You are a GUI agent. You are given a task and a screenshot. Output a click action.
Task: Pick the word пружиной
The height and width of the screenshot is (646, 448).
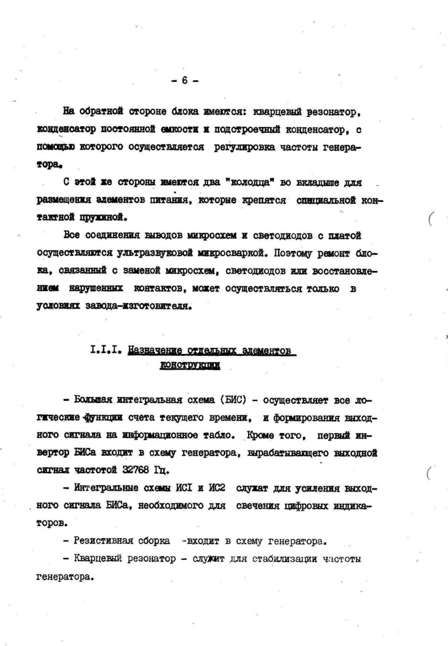click(x=101, y=217)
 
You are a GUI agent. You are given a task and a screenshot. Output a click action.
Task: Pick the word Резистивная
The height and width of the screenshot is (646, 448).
click(x=106, y=542)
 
